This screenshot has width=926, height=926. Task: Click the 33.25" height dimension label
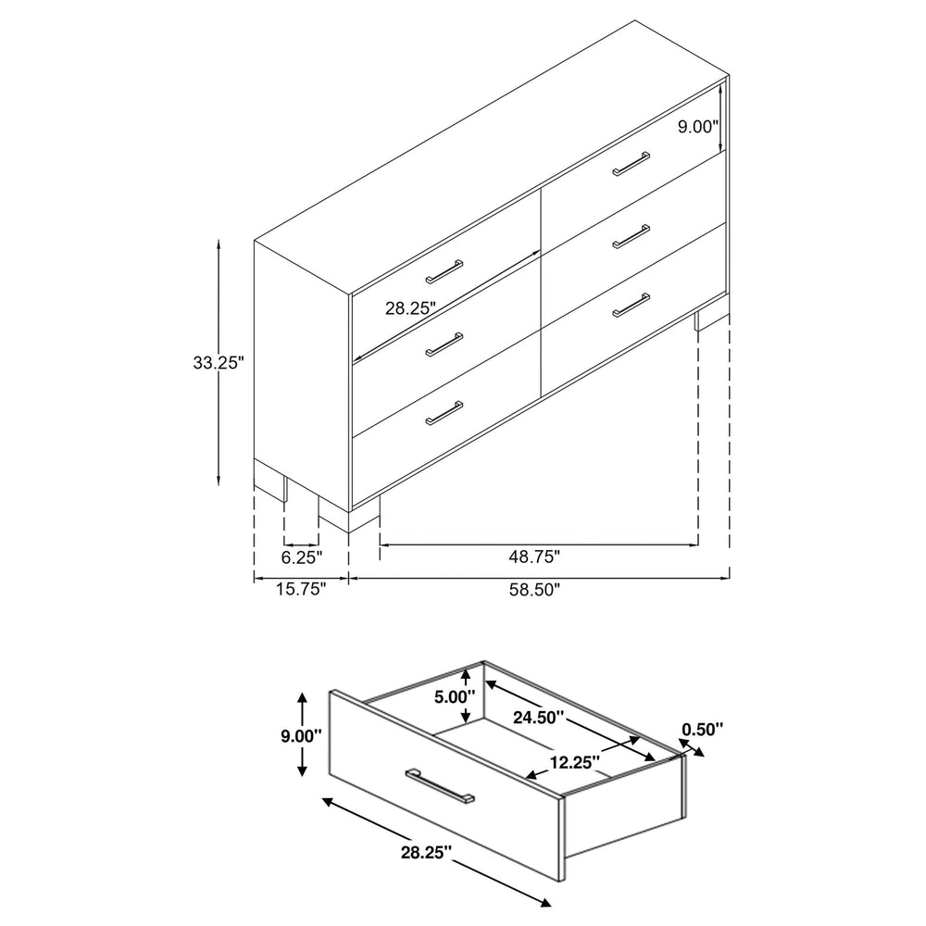pyautogui.click(x=219, y=362)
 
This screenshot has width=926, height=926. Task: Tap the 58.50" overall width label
pyautogui.click(x=534, y=589)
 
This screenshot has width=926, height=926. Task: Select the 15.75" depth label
pyautogui.click(x=301, y=589)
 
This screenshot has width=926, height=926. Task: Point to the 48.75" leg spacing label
pyautogui.click(x=534, y=557)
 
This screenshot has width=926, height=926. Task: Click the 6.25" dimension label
pyautogui.click(x=302, y=557)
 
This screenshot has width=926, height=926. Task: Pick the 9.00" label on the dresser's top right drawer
pyautogui.click(x=697, y=126)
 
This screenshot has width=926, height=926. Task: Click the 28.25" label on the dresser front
pyautogui.click(x=410, y=307)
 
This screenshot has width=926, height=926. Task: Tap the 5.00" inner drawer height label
pyautogui.click(x=455, y=697)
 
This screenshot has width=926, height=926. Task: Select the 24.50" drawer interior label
pyautogui.click(x=538, y=718)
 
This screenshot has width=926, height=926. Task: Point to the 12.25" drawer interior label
pyautogui.click(x=575, y=762)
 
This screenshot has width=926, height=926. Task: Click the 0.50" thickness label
pyautogui.click(x=703, y=730)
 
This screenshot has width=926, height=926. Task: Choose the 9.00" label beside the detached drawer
pyautogui.click(x=301, y=736)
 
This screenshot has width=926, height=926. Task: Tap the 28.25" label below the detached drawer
pyautogui.click(x=426, y=852)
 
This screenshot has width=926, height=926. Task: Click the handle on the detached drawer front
pyautogui.click(x=440, y=785)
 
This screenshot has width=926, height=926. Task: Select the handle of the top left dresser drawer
pyautogui.click(x=444, y=270)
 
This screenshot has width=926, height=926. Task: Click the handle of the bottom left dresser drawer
pyautogui.click(x=444, y=413)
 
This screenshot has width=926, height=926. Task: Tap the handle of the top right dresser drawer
pyautogui.click(x=632, y=164)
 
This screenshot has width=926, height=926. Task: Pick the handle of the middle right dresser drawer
pyautogui.click(x=632, y=236)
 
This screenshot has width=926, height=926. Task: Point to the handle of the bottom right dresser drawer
pyautogui.click(x=632, y=305)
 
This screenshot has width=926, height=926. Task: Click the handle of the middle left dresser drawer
pyautogui.click(x=444, y=344)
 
